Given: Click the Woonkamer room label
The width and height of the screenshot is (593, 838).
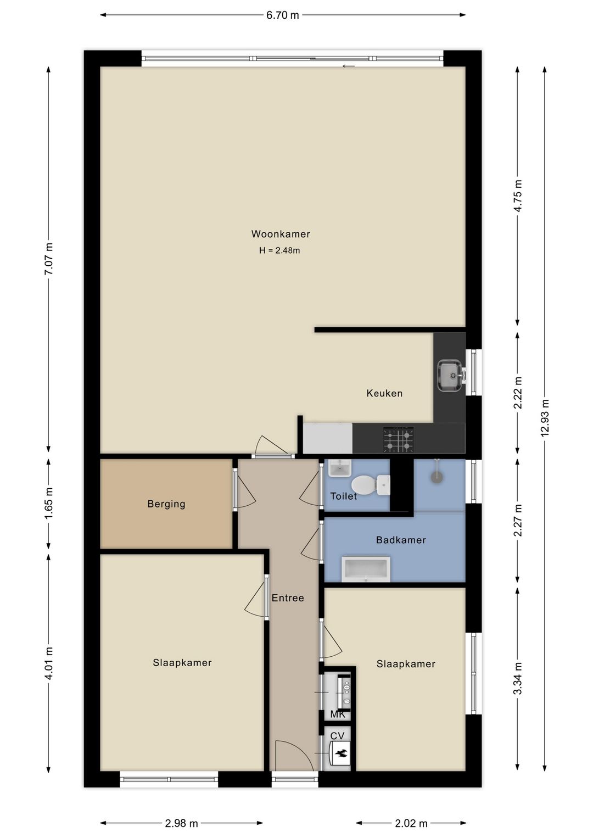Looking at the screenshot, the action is coord(281,234).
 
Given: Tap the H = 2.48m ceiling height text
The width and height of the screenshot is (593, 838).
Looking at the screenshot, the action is coord(279,250).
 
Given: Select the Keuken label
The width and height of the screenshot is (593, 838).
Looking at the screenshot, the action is coord(384,393).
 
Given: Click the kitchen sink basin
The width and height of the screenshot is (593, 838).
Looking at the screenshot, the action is coord(450,375).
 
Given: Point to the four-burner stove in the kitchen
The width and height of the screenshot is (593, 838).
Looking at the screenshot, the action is coord(399,439).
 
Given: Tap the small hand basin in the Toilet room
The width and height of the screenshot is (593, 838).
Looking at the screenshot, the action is coord(340,468).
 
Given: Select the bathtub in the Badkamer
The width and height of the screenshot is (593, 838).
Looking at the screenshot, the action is coord(366,569).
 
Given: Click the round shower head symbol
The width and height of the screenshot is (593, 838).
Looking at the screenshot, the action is coord(437,477).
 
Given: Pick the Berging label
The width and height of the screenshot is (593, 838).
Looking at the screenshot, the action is coord(166,504).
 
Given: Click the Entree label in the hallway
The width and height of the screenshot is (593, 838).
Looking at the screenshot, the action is coord(288,598).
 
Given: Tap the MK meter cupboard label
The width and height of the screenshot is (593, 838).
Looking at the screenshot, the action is coord(338,714).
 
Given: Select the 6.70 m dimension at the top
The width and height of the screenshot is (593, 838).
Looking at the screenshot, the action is coord(282,15).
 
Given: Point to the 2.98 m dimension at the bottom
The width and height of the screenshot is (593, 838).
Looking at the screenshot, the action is coord(181,823).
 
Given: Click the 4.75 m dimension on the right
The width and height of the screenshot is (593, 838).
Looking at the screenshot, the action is coord(518,196).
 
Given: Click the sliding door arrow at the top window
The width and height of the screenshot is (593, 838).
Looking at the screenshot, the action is coord(349,66).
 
